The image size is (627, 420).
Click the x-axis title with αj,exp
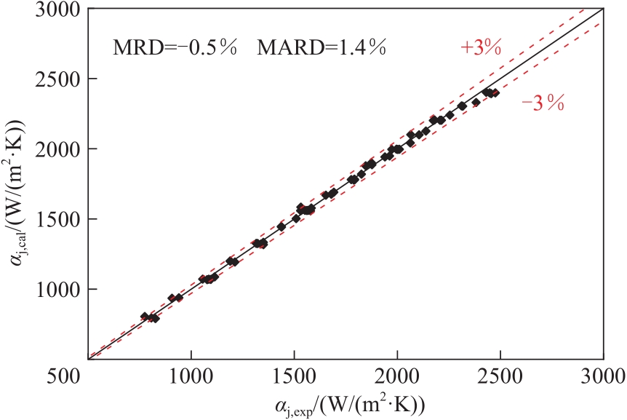pyautogui.click(x=346, y=404)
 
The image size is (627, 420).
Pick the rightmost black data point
pyautogui.click(x=495, y=93)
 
